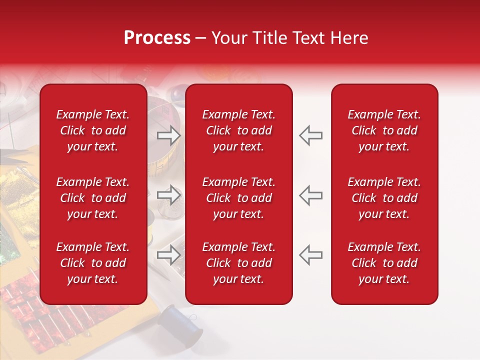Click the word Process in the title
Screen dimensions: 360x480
pyautogui.click(x=157, y=38)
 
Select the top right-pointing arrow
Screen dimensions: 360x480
pyautogui.click(x=169, y=135)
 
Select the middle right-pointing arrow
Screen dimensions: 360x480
pyautogui.click(x=169, y=195)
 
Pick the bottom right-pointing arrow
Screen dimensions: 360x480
pyautogui.click(x=169, y=255)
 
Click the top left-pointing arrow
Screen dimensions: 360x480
pyautogui.click(x=310, y=135)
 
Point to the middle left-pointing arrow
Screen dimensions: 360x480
pyautogui.click(x=310, y=195)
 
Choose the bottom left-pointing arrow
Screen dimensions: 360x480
pyautogui.click(x=310, y=255)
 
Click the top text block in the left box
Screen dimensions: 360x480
pyautogui.click(x=93, y=130)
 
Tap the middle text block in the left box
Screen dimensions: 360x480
pyautogui.click(x=93, y=198)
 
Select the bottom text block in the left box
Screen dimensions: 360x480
pyautogui.click(x=93, y=263)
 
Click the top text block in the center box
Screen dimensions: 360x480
pyautogui.click(x=238, y=130)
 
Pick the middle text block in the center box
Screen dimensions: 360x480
pyautogui.click(x=238, y=198)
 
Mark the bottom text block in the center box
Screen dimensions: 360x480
pyautogui.click(x=238, y=263)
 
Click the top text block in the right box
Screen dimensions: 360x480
pyautogui.click(x=384, y=130)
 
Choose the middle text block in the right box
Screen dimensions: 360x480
pyautogui.click(x=384, y=198)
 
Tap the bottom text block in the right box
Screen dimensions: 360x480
pyautogui.click(x=384, y=263)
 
